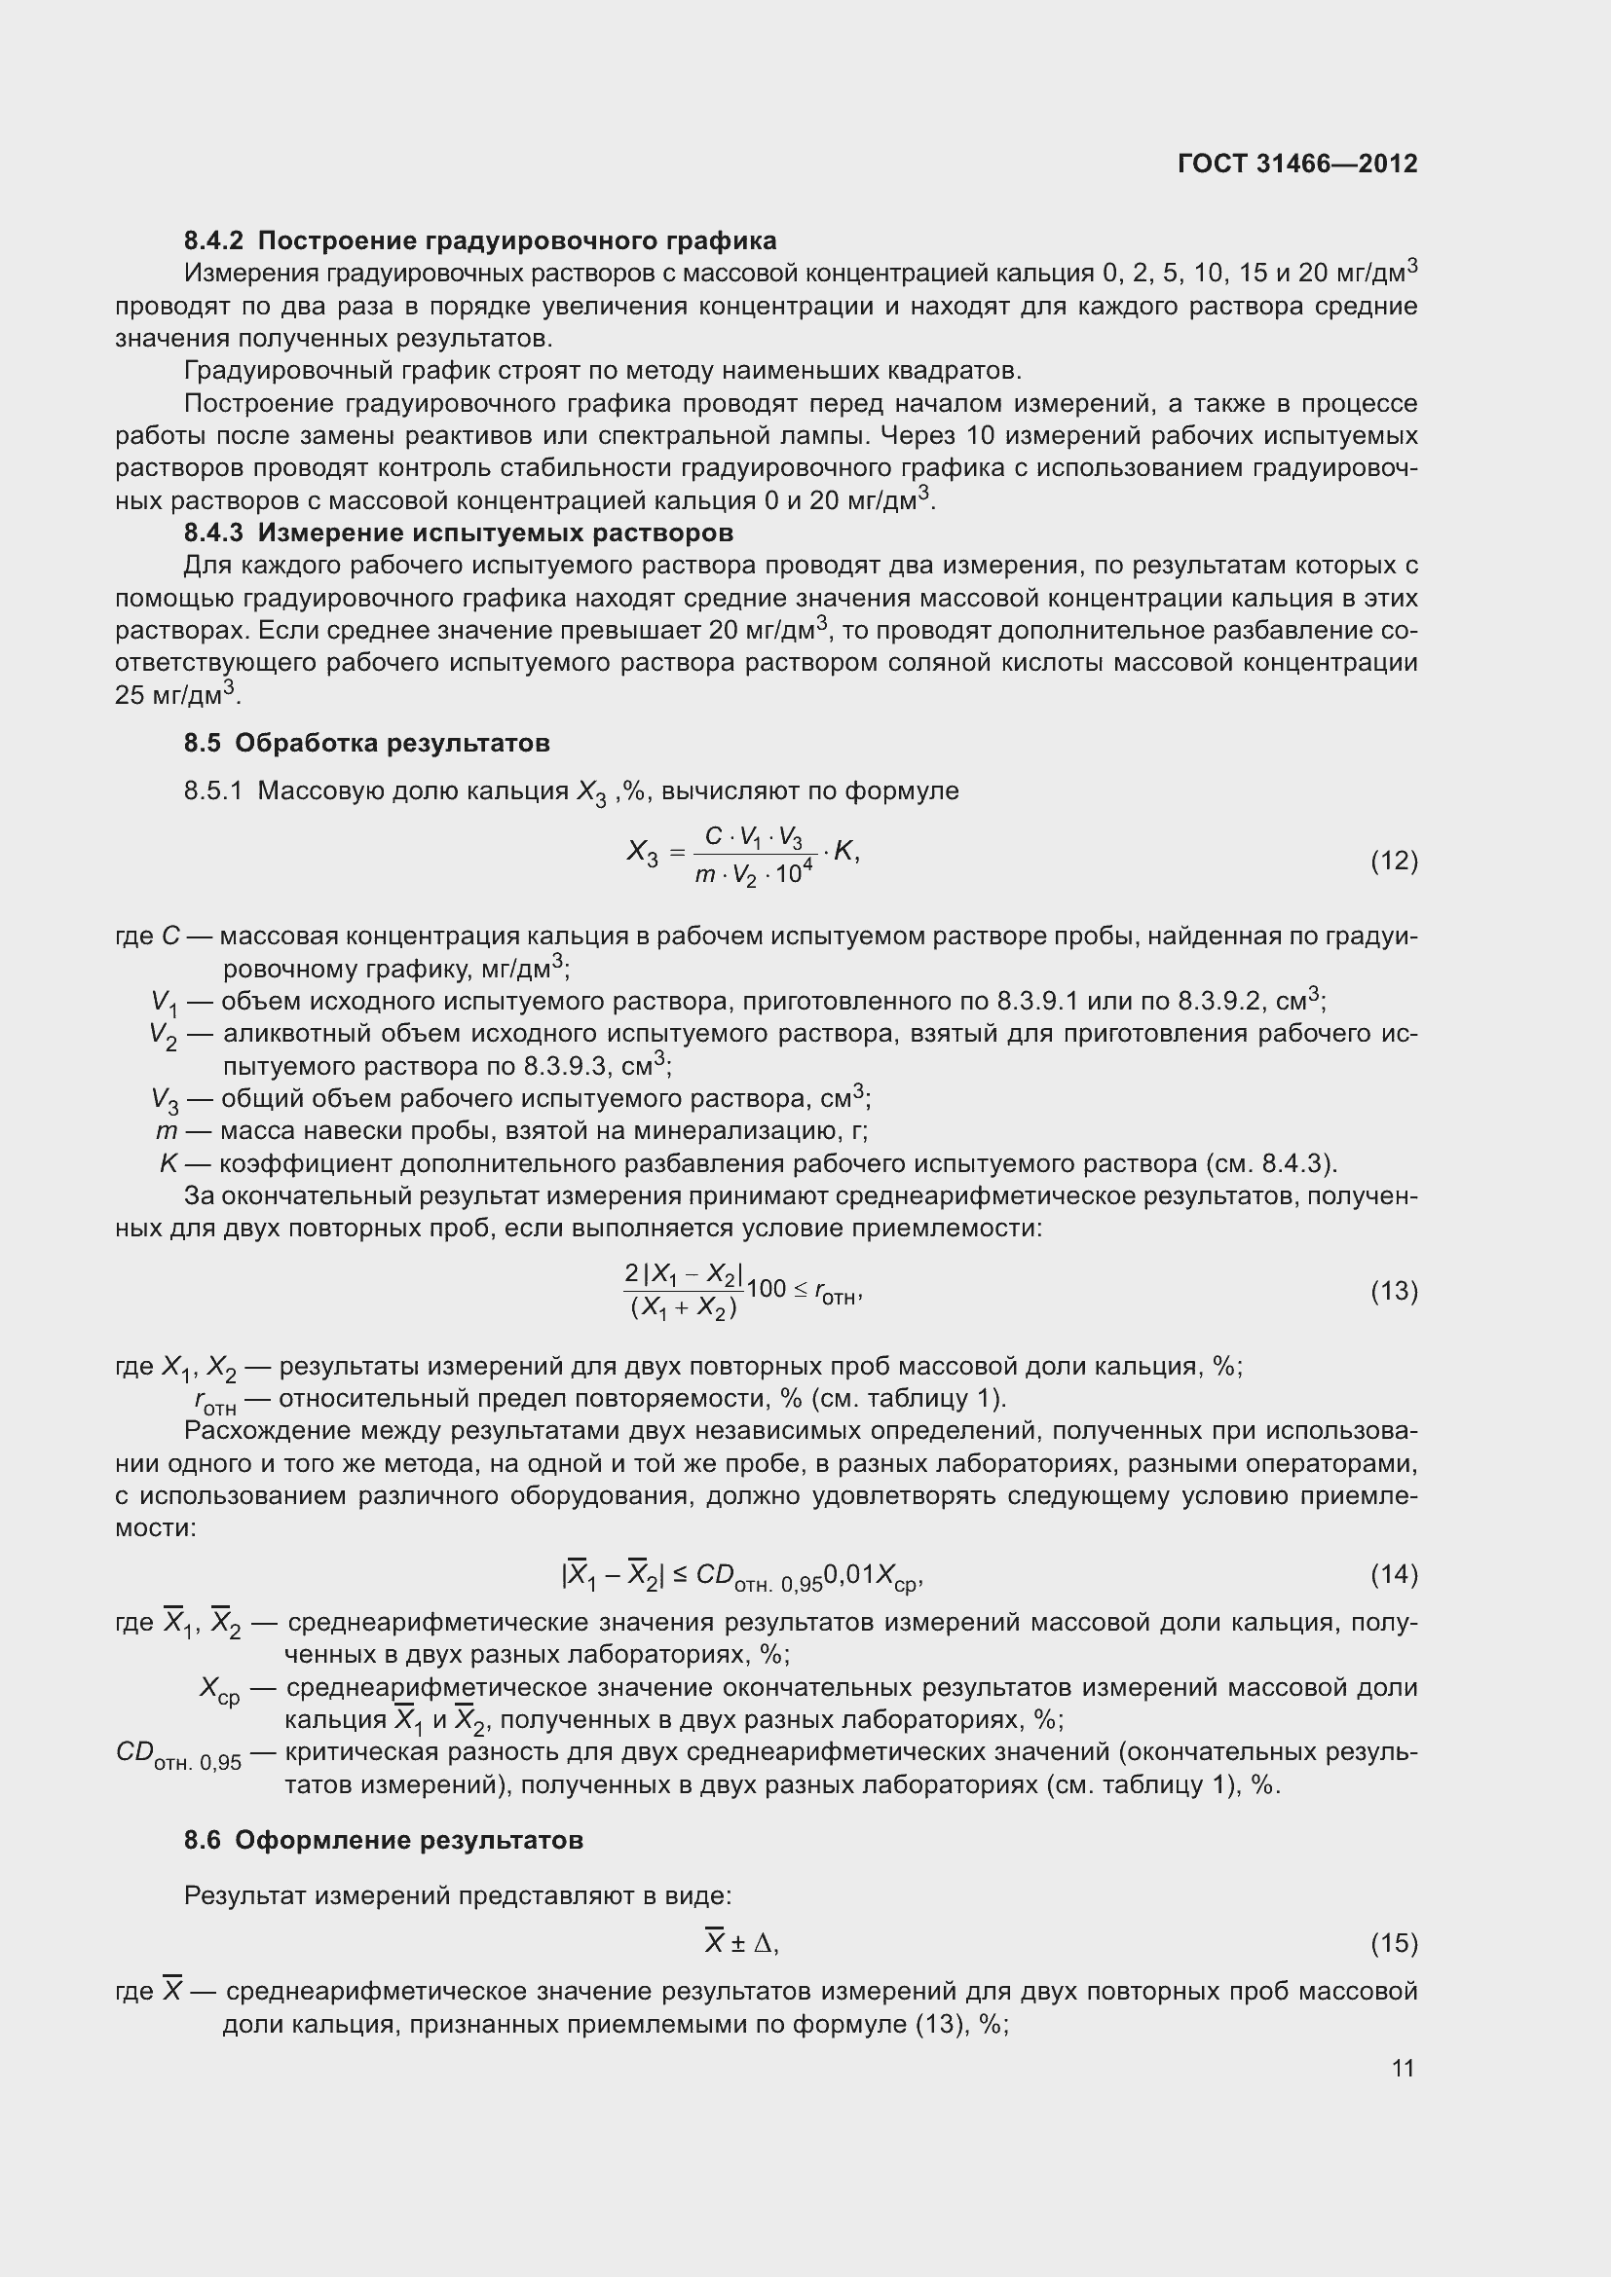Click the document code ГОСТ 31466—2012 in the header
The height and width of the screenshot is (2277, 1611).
tap(1297, 164)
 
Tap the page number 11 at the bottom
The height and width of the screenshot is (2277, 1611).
tap(1403, 2068)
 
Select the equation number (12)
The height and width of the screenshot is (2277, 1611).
tap(1394, 861)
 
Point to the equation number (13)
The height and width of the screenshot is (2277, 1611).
tap(1394, 1290)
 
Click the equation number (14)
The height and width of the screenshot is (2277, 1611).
tap(1394, 1574)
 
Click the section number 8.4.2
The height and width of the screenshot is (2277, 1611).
tap(213, 241)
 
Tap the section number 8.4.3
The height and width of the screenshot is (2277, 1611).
tap(213, 533)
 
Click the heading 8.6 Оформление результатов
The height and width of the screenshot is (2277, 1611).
tap(384, 1840)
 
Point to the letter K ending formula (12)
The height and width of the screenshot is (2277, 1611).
tap(844, 851)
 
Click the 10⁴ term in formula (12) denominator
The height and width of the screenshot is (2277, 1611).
tap(794, 872)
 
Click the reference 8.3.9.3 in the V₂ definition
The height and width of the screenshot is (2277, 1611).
tap(562, 1067)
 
